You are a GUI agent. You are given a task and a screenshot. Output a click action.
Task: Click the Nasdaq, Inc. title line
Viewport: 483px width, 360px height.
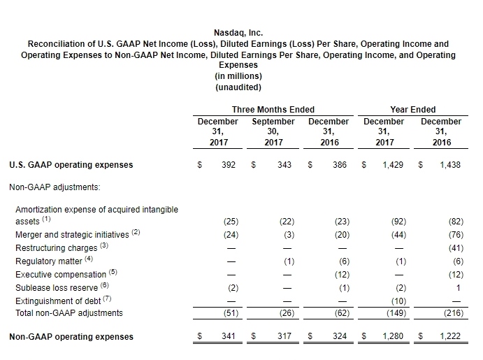(238, 33)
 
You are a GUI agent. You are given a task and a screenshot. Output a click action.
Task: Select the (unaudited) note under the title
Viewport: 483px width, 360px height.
(238, 87)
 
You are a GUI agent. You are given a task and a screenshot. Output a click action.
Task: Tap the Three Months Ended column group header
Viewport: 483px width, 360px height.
(273, 109)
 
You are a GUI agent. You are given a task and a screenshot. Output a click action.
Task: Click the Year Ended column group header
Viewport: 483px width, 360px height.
(413, 109)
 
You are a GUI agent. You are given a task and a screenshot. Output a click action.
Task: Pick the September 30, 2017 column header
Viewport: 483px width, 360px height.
(273, 132)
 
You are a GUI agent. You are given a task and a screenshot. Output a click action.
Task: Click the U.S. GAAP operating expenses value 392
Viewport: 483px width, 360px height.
(229, 165)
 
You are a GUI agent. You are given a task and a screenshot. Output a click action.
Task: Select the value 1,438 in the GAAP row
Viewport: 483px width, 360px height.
(450, 165)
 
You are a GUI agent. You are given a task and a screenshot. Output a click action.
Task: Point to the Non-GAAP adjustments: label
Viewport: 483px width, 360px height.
(55, 187)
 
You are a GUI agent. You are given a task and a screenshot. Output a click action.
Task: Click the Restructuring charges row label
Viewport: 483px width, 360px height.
(56, 248)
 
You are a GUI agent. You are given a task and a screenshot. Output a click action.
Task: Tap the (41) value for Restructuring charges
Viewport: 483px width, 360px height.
(456, 248)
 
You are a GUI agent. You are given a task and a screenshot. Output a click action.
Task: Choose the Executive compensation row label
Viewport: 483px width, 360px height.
(61, 275)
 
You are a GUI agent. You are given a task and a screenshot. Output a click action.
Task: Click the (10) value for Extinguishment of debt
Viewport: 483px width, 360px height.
(398, 301)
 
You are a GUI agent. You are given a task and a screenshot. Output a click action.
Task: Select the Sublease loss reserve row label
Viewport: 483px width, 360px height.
(57, 287)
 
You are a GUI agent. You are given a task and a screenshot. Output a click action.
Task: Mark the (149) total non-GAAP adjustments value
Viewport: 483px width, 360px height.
(396, 313)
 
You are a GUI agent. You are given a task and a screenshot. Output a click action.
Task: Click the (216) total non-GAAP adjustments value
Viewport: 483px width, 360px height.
(454, 313)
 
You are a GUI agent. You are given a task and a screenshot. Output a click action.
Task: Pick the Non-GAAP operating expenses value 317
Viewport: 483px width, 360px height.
(284, 336)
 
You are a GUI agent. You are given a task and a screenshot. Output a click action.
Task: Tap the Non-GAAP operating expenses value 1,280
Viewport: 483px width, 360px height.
(393, 336)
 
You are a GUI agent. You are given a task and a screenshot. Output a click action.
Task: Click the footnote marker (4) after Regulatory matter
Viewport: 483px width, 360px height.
(89, 259)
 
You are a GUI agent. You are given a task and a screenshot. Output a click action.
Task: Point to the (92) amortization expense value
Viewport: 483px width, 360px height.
(398, 222)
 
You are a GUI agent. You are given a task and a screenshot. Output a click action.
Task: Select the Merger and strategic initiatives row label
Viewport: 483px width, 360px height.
(72, 235)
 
